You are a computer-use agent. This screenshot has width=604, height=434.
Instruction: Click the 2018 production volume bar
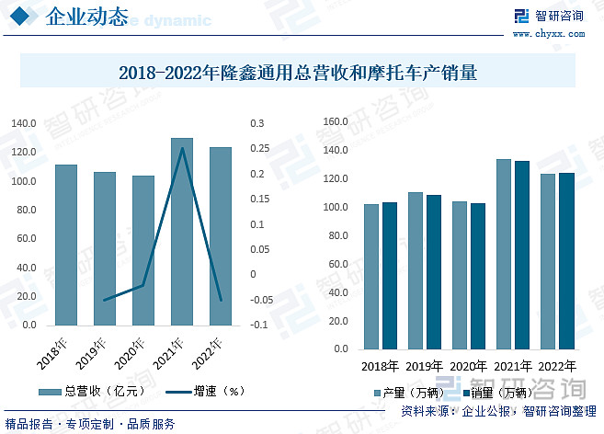click(x=370, y=276)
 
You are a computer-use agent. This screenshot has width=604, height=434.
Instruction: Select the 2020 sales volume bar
click(x=478, y=276)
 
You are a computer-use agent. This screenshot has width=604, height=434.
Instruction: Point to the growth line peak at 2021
click(x=182, y=148)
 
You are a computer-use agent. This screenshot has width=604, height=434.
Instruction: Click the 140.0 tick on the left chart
click(x=24, y=123)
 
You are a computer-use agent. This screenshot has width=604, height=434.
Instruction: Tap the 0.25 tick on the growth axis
click(x=258, y=148)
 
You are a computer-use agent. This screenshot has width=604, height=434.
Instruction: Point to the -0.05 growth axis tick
click(x=261, y=300)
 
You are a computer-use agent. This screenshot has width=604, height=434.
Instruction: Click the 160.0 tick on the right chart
click(x=336, y=121)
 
